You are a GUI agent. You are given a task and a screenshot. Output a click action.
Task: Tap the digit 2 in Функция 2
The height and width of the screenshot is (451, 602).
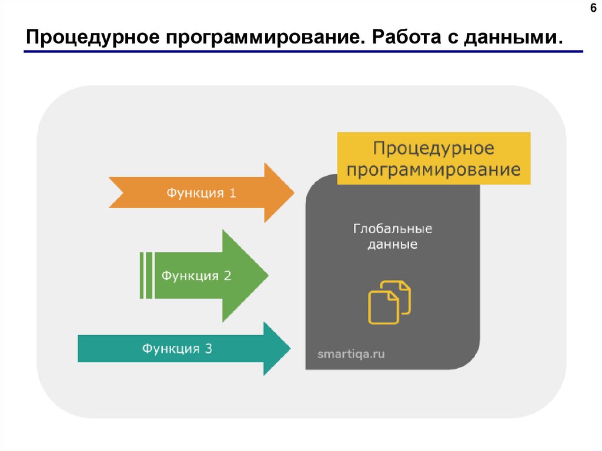[x=228, y=275]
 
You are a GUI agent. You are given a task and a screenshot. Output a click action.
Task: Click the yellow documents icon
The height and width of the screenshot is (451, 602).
[x=389, y=302]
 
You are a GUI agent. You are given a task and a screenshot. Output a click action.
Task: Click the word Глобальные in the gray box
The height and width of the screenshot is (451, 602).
[x=393, y=228]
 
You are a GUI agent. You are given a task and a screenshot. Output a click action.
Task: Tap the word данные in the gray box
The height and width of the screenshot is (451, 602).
[x=393, y=244]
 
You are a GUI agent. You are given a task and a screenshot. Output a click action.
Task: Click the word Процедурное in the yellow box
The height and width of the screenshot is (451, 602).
[x=434, y=148]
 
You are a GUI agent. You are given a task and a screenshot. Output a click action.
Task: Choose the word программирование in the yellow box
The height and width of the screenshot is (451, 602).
[x=434, y=170]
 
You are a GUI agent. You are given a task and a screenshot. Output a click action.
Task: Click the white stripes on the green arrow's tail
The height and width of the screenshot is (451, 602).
[x=146, y=275]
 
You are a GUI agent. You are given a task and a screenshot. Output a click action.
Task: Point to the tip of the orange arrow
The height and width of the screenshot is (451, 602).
[x=292, y=192]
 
